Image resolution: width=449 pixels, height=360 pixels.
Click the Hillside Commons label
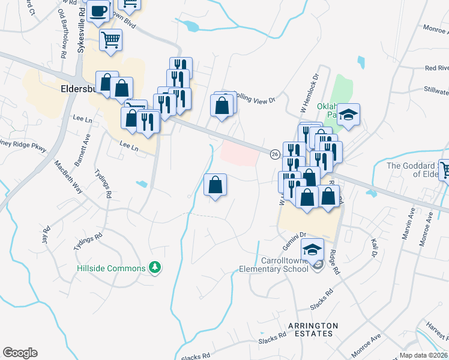pyautogui.click(x=111, y=268)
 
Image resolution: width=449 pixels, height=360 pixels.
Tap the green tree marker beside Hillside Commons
pyautogui.click(x=155, y=267)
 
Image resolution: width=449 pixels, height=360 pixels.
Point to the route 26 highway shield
pyautogui.click(x=274, y=154)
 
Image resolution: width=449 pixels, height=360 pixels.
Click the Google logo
pyautogui.click(x=20, y=353)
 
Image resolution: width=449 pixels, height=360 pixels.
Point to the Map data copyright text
pyautogui.click(x=423, y=355)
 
